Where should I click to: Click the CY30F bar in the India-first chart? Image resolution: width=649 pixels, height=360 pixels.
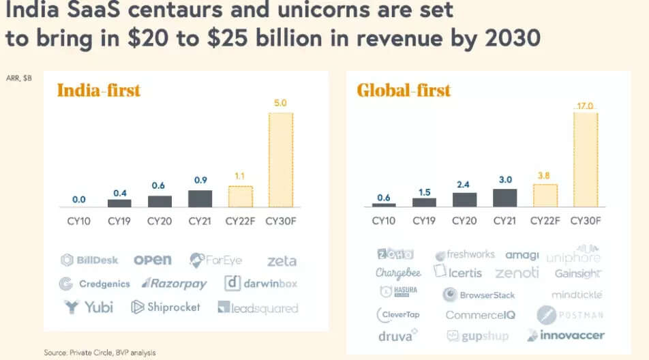coord(280,160)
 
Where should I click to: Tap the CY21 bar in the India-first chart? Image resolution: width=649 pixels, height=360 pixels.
coord(200,198)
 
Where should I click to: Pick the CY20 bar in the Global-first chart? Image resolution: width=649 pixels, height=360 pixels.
coord(465,199)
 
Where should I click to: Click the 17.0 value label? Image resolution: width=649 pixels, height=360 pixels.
coord(585,106)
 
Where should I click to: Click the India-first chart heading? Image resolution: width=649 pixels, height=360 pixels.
coord(98,90)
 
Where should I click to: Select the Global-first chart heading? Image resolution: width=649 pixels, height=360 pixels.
coord(404,90)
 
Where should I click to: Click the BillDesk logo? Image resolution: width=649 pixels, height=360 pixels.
coord(89,260)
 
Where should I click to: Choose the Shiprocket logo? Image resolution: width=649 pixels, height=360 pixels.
coord(166,307)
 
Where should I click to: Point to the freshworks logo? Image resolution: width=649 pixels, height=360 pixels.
coord(465,255)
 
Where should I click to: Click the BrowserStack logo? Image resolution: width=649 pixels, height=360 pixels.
coord(479,295)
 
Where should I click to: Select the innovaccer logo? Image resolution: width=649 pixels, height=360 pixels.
coord(565,335)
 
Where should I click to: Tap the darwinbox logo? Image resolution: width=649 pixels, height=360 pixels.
coord(261,283)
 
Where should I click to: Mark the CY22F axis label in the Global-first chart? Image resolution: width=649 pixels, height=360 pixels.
coord(545,220)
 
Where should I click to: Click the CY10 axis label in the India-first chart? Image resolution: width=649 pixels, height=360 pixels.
coord(79,220)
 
